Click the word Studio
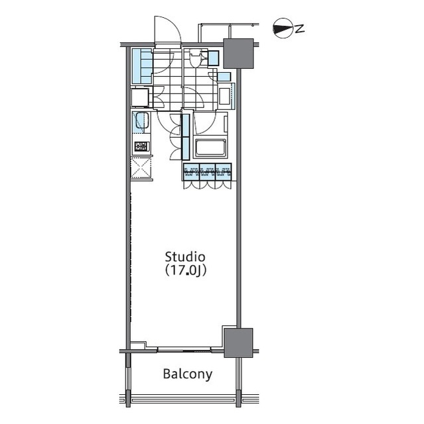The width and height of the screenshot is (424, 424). pos(185,256)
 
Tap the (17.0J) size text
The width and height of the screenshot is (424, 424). pos(185,270)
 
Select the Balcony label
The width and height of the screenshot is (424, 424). pos(188,374)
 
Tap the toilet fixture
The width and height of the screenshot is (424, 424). pos(195,60)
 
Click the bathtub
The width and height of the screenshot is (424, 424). pos(210,147)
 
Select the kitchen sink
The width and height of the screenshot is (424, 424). pos(141,122)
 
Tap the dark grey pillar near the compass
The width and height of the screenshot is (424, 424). pos(239,53)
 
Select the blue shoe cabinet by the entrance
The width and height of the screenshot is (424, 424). pos(141,66)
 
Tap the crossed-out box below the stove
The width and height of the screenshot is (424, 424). pos(142,167)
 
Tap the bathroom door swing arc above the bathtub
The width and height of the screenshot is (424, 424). pos(204,122)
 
